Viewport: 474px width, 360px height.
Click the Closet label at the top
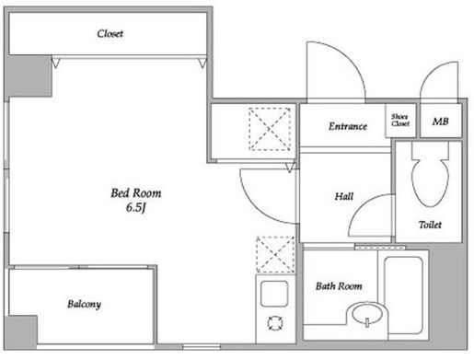(110, 33)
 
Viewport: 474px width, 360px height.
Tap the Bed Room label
(136, 193)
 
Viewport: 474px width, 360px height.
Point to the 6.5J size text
(135, 208)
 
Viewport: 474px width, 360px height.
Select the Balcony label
(84, 304)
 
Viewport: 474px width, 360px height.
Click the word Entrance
(348, 126)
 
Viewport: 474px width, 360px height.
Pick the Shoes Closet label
(400, 121)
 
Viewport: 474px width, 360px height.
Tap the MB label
(440, 122)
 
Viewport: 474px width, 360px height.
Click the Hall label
(344, 196)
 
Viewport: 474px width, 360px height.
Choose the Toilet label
(430, 225)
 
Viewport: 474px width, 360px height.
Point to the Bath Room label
(339, 286)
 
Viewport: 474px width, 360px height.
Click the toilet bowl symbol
(430, 174)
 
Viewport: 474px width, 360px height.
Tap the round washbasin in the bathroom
(367, 313)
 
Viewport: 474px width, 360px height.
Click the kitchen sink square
(274, 294)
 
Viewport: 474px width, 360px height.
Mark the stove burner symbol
(275, 323)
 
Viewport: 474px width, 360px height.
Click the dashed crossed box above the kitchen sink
(275, 255)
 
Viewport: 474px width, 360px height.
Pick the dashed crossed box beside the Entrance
(270, 129)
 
